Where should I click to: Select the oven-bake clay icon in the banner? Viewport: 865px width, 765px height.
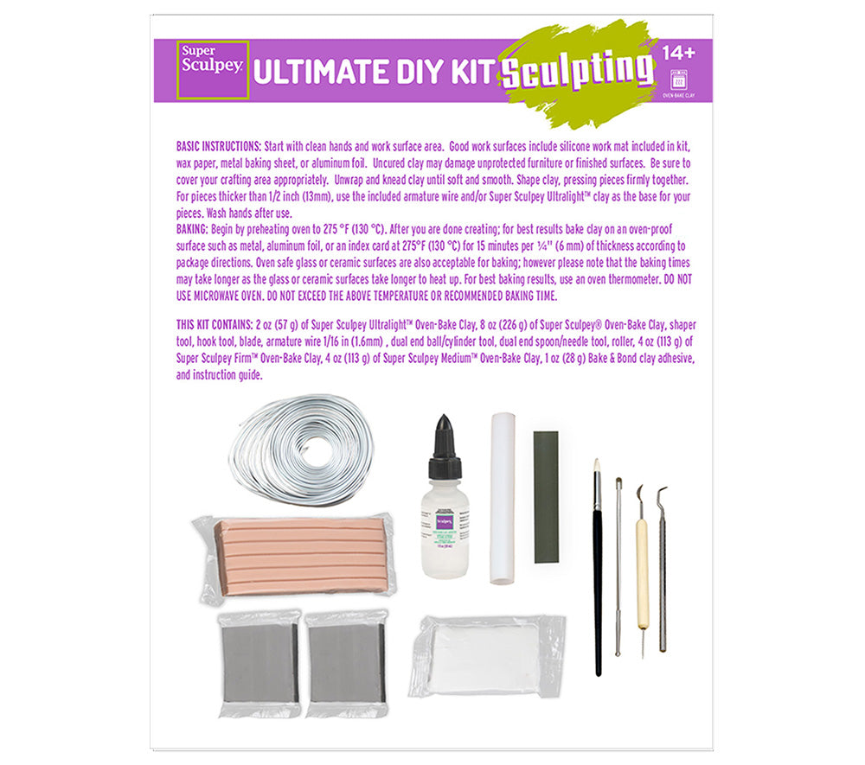tap(678, 77)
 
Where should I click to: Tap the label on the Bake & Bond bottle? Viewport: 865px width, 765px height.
tap(445, 530)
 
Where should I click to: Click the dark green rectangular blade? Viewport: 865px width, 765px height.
tap(546, 496)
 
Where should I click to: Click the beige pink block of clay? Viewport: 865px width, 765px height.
tap(295, 555)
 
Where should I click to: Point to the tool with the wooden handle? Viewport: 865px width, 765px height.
tap(642, 571)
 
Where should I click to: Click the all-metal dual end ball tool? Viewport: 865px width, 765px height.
tap(618, 566)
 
